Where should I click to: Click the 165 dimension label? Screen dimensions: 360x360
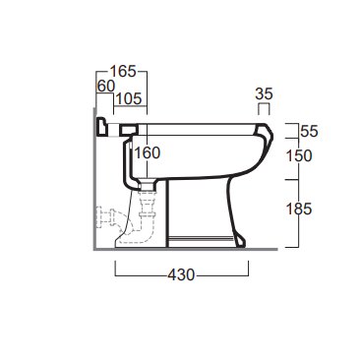click(122, 71)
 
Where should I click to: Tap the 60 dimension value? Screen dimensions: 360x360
click(106, 87)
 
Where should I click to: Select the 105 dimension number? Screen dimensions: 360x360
click(129, 98)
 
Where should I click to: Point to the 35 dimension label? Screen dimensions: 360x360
click(264, 94)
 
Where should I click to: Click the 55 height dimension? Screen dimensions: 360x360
click(309, 131)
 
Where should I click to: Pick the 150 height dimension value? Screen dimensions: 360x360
click(298, 155)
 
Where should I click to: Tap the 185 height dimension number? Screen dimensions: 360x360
click(298, 209)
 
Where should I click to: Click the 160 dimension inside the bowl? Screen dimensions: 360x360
click(148, 153)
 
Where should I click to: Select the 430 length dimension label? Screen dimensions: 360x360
click(181, 274)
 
